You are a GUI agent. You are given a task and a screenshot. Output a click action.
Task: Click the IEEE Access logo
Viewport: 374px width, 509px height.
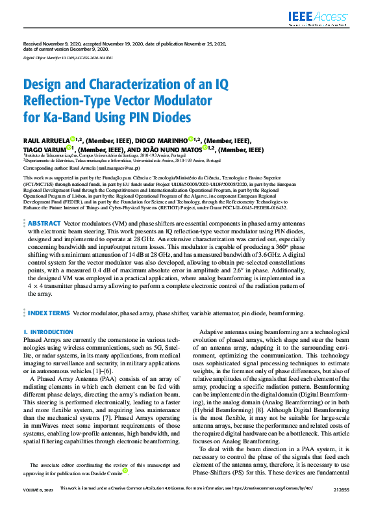329,18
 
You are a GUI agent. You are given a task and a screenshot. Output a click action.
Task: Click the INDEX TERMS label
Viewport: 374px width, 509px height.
49,313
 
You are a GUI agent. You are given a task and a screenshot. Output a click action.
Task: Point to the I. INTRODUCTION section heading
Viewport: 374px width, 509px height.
48,332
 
